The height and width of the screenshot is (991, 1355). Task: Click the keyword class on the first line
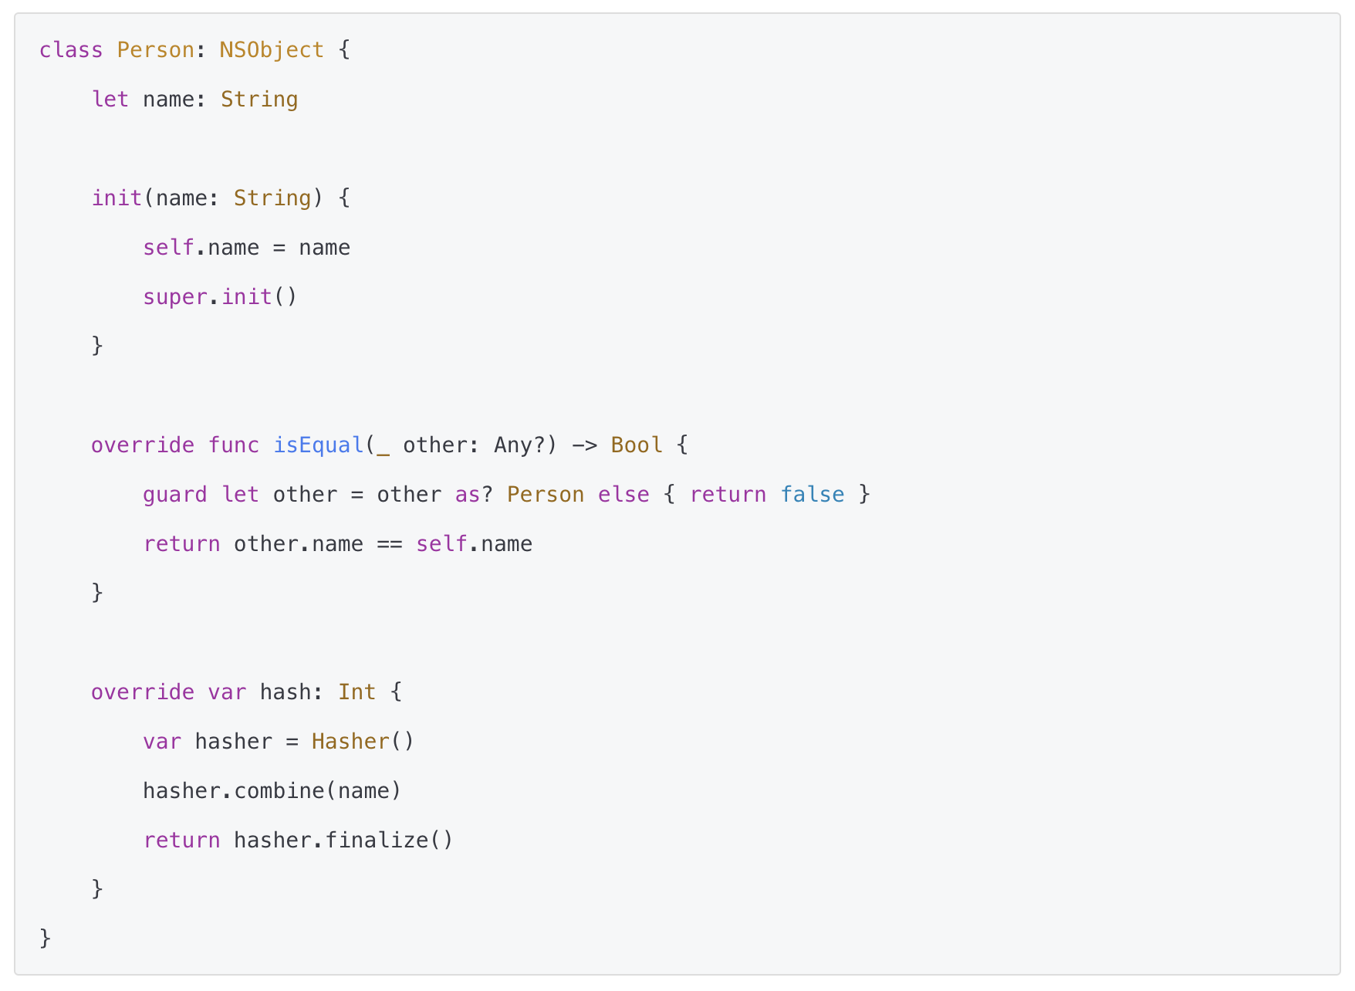[x=71, y=50]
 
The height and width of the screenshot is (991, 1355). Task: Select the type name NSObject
[x=272, y=50]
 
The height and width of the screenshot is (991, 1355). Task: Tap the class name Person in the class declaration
[x=155, y=50]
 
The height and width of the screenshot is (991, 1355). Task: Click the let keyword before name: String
[x=110, y=100]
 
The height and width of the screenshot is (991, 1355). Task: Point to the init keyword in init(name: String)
[x=117, y=198]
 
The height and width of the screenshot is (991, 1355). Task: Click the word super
[x=175, y=297]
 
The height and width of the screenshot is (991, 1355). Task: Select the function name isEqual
[x=318, y=445]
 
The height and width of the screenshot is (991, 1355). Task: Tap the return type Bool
[x=636, y=445]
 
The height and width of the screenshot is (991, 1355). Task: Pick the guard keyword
[x=174, y=495]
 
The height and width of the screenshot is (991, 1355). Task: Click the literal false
[x=812, y=495]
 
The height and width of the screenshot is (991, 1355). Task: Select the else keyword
[x=623, y=495]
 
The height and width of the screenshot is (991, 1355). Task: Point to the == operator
[x=390, y=544]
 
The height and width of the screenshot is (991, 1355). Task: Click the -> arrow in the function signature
[x=584, y=445]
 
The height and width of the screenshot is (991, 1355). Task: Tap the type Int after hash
[x=356, y=692]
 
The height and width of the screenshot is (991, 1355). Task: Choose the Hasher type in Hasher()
[x=350, y=742]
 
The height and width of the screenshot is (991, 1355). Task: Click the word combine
[x=279, y=791]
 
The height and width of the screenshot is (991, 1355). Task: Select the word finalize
[x=377, y=840]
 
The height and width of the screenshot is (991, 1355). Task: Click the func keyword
[x=233, y=445]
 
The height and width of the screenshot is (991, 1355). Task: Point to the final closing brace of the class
[x=45, y=939]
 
